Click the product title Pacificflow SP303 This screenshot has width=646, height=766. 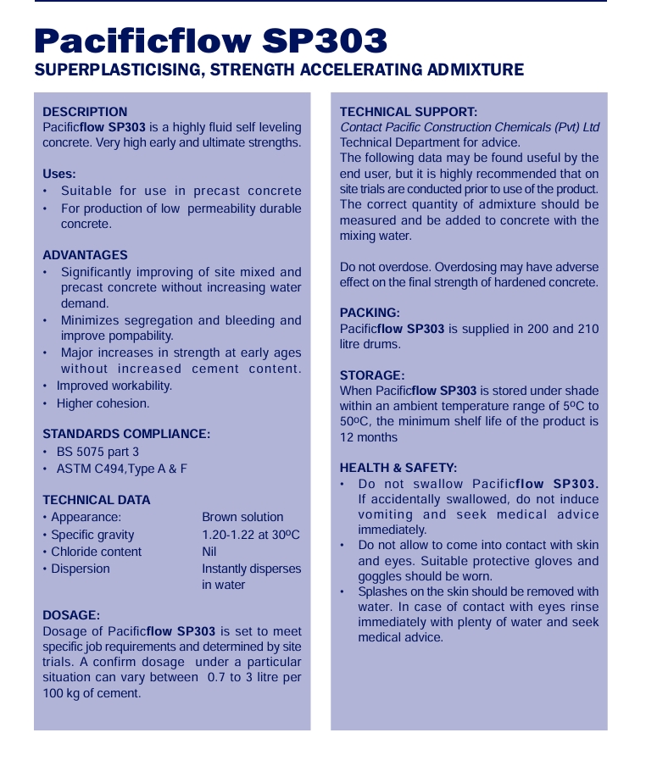click(211, 41)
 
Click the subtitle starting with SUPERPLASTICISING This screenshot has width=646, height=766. click(279, 69)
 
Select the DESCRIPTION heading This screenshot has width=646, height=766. click(85, 112)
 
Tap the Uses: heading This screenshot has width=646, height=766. click(59, 174)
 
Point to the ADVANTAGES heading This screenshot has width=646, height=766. click(85, 255)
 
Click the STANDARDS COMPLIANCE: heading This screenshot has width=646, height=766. click(126, 434)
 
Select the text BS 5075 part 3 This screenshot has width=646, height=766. click(97, 452)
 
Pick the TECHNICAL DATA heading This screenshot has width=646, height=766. click(97, 500)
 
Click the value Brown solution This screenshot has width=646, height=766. click(242, 517)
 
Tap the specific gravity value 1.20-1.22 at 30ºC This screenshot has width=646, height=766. click(251, 535)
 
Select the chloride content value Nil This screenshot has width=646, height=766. click(209, 552)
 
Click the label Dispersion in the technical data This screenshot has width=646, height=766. click(80, 569)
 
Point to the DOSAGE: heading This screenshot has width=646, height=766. click(71, 615)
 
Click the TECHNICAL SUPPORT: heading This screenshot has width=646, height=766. click(409, 112)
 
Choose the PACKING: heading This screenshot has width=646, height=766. click(370, 313)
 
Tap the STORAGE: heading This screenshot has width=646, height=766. click(372, 375)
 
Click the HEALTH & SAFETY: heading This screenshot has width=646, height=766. click(398, 468)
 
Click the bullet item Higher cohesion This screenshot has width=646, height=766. click(103, 403)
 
